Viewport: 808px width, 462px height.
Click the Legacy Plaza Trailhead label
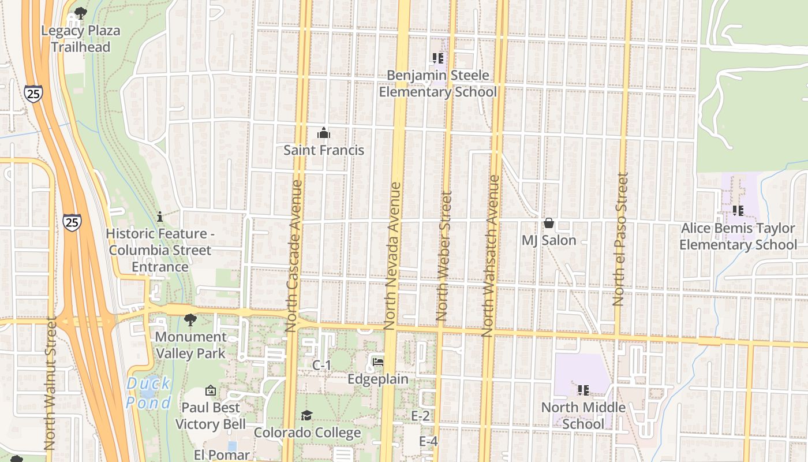80,39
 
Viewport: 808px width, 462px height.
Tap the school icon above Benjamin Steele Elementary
437,58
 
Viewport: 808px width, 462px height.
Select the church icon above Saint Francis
324,133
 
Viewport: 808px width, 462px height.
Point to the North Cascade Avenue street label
294,256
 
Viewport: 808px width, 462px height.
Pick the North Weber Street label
443,256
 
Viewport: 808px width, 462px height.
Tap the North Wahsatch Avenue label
491,256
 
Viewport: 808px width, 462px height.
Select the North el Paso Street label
620,239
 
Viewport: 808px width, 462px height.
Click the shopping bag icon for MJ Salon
548,223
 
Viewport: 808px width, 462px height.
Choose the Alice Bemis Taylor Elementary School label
738,236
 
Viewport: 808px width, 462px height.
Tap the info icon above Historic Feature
160,217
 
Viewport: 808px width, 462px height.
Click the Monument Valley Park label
191,345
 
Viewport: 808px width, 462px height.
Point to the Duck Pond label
148,393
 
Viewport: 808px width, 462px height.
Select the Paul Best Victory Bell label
207,416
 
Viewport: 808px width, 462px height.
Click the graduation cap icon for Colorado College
306,416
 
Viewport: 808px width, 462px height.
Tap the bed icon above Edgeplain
378,362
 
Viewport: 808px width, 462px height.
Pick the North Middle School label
583,416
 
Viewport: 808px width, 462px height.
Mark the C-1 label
321,365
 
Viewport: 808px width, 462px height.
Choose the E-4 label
428,441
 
